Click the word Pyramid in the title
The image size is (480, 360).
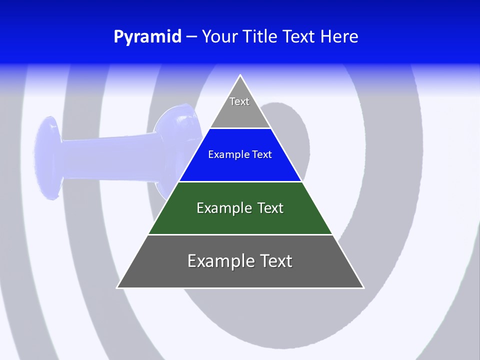click(x=147, y=37)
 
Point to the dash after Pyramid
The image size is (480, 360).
click(x=191, y=37)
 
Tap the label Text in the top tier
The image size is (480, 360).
click(x=239, y=101)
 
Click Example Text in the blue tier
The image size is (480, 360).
click(x=240, y=154)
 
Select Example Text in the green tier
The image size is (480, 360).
click(x=240, y=208)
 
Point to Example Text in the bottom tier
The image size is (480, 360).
click(x=240, y=261)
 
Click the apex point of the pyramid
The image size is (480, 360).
click(x=240, y=76)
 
